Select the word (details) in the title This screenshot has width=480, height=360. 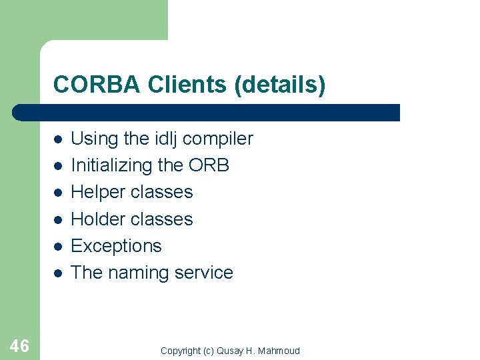[279, 85]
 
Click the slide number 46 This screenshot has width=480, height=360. [19, 345]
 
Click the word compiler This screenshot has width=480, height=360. [218, 139]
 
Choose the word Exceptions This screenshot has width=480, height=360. [116, 246]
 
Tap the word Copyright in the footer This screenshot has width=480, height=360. [181, 351]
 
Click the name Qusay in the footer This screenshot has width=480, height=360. [230, 351]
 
